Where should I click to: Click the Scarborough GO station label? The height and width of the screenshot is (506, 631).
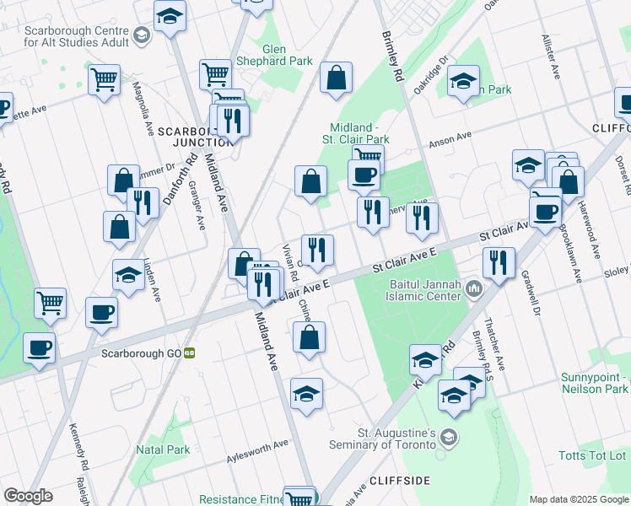coord(141,353)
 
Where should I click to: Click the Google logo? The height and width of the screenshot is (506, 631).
coord(28,496)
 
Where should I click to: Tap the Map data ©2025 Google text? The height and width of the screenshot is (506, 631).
coord(578,499)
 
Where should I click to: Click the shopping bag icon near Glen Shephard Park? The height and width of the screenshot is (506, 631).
coord(336,78)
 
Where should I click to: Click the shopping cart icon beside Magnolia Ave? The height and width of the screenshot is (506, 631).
coord(104,80)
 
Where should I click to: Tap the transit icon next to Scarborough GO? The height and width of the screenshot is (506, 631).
coord(191,353)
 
